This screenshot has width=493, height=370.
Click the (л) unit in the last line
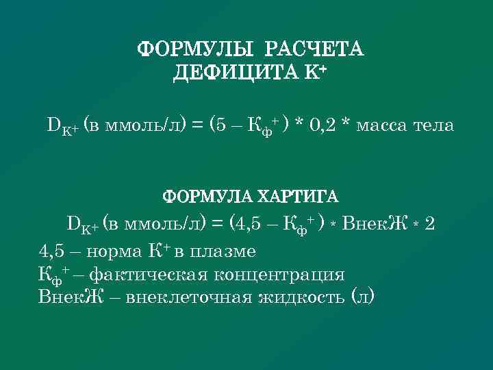(362, 298)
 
